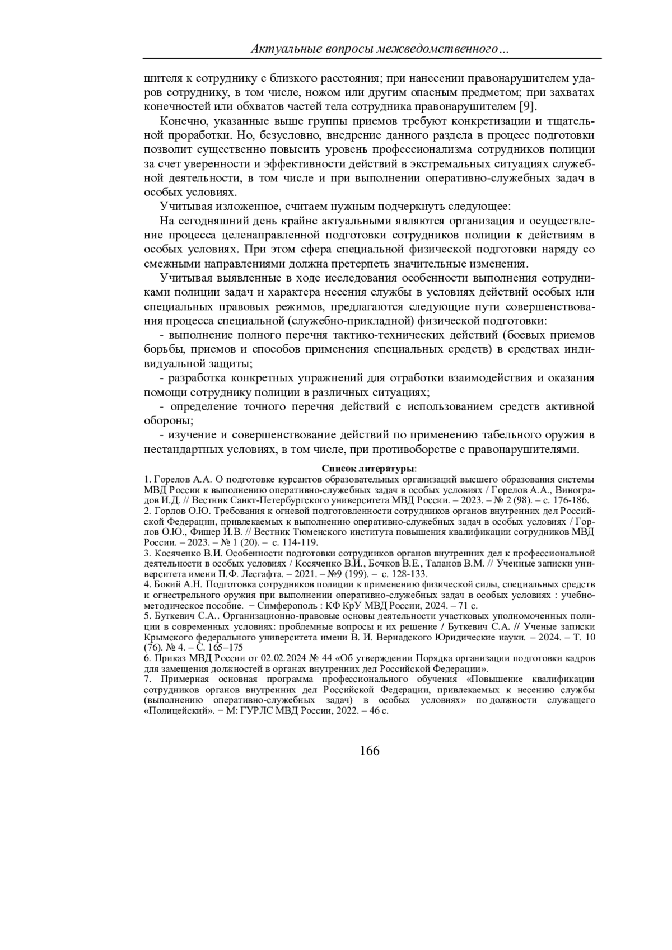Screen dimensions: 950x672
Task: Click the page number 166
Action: (370, 751)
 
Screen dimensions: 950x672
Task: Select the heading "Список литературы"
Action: (368, 468)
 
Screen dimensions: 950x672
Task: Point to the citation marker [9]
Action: (528, 106)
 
